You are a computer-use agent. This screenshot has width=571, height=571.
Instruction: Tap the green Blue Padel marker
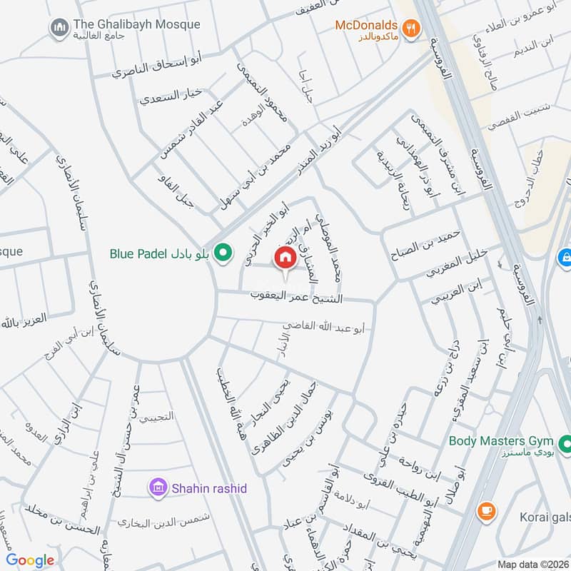click(224, 253)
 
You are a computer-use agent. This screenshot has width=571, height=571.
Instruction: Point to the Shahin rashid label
click(208, 488)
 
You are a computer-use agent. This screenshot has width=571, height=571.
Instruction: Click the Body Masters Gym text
click(502, 440)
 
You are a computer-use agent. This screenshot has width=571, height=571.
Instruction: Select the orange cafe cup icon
click(487, 511)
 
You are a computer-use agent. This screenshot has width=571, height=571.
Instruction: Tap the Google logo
click(31, 560)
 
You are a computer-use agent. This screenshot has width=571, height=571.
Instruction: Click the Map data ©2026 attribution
click(532, 564)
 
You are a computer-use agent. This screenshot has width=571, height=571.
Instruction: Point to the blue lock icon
click(564, 255)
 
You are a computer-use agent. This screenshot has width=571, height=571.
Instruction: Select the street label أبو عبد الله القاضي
click(325, 328)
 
